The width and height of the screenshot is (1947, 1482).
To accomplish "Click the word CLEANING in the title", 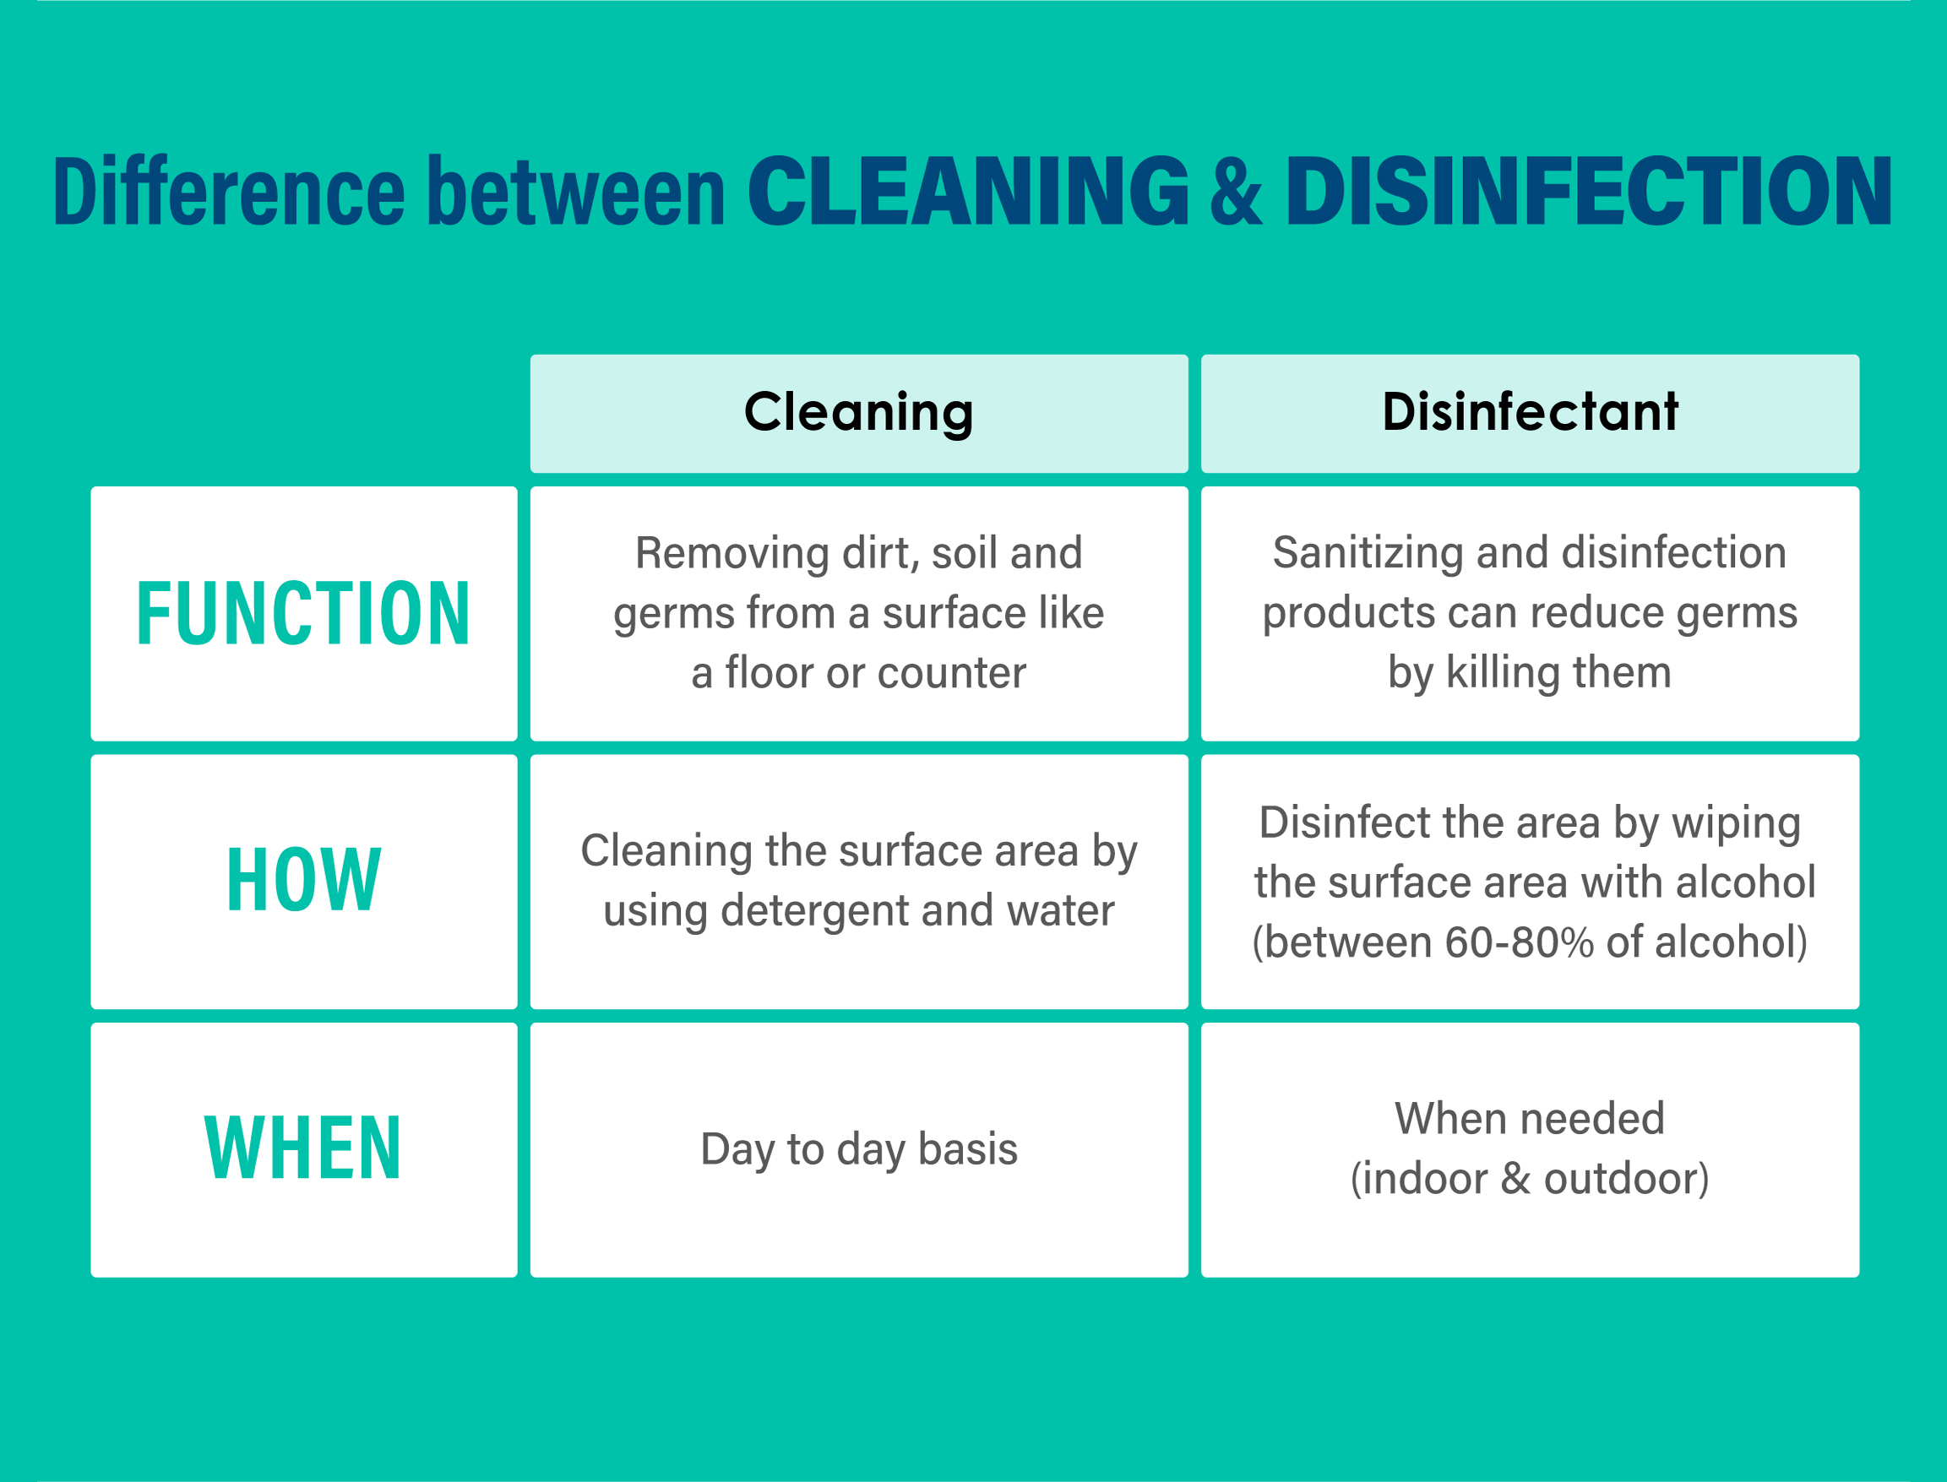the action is coord(969,191).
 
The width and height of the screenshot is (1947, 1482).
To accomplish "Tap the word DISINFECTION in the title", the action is coord(1589,191).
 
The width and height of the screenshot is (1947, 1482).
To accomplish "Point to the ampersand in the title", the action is coord(1237,191).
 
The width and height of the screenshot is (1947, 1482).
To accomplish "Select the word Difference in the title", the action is coord(230,191).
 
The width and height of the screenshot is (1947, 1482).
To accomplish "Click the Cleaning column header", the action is coord(858,413).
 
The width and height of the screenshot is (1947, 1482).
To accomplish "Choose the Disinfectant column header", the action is coord(1530,412).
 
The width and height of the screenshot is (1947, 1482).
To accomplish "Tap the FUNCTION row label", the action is coord(303,614).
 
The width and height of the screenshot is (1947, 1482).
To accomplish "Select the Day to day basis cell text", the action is coord(858,1150).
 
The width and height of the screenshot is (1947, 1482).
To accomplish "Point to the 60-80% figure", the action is coord(1519,942).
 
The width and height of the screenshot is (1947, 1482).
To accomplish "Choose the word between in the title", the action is coord(576,191).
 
